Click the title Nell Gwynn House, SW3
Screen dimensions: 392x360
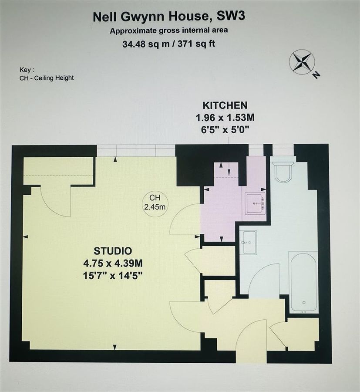[x=169, y=17]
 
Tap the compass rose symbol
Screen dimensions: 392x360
[x=301, y=62]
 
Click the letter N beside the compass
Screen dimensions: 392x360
[x=316, y=75]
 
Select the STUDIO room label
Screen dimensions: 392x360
[x=113, y=251]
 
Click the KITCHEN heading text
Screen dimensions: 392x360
[x=225, y=105]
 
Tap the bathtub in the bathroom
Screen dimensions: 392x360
[x=303, y=282]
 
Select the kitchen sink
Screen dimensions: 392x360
[x=256, y=203]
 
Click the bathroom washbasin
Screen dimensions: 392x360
[x=249, y=242]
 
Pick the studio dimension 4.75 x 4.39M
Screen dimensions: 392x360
[x=113, y=263]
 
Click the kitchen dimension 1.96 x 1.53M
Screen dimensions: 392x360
[x=225, y=117]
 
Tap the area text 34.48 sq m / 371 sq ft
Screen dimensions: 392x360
[x=169, y=43]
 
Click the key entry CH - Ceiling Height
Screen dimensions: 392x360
[x=47, y=78]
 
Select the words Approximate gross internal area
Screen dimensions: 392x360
[x=169, y=30]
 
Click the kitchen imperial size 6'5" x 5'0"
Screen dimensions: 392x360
[x=225, y=129]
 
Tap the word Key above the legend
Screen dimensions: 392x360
[x=27, y=70]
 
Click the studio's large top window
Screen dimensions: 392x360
[x=136, y=151]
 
